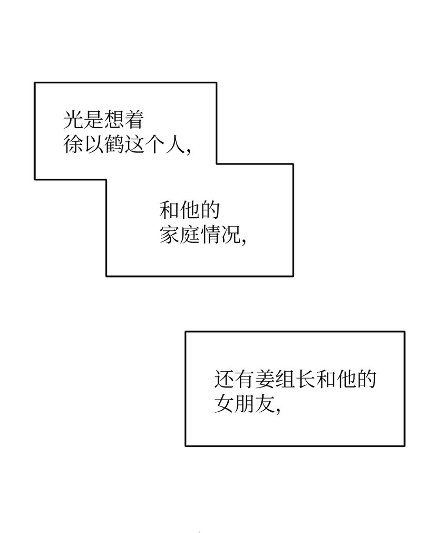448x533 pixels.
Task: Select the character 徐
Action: click(x=74, y=143)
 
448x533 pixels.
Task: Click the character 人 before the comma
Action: click(x=174, y=143)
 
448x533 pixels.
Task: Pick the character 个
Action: click(x=154, y=143)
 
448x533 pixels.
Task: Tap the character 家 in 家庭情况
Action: click(x=170, y=234)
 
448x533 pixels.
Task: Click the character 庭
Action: click(x=190, y=234)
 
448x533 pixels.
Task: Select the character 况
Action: click(x=230, y=234)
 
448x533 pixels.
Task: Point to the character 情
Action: click(x=210, y=234)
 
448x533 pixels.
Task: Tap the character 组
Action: click(x=285, y=380)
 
